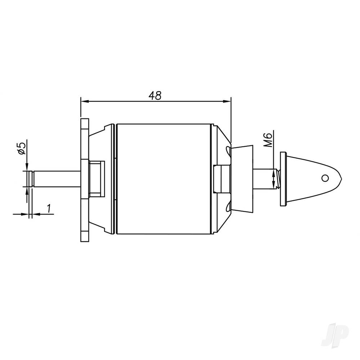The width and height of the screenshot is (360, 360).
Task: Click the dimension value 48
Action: (155, 95)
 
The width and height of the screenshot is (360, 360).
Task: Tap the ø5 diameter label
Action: (22, 148)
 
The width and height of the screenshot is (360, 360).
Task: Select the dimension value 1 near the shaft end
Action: (48, 208)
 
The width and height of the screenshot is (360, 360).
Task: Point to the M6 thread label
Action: (267, 139)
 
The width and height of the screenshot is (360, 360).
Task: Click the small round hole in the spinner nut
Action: (325, 178)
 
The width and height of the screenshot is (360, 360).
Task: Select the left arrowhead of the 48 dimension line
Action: (83, 102)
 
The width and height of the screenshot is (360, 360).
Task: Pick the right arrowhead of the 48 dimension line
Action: (228, 102)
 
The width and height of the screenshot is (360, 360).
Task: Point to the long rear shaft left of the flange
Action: (56, 179)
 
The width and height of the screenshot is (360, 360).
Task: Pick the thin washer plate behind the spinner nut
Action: (283, 179)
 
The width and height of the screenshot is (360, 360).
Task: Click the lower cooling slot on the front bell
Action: (228, 208)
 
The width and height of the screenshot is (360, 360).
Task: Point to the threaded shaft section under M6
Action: (275, 179)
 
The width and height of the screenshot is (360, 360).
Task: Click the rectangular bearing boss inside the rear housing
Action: (97, 178)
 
